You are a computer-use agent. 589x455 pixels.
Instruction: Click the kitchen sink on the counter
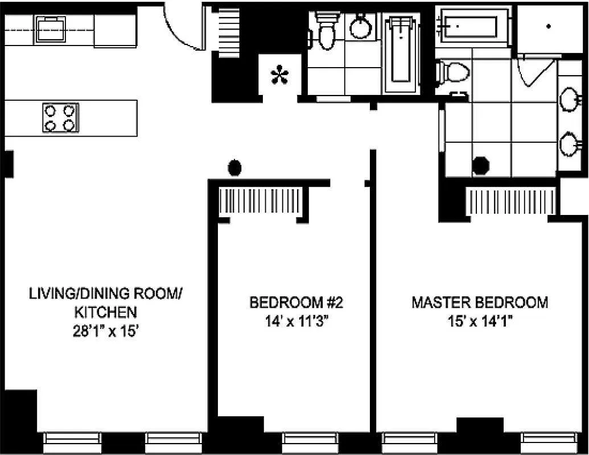click(50, 29)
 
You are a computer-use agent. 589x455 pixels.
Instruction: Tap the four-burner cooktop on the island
click(60, 118)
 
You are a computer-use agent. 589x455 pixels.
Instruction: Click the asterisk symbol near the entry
click(279, 76)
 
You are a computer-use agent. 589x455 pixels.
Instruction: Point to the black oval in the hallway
click(234, 168)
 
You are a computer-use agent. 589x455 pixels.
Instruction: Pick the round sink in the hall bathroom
click(360, 27)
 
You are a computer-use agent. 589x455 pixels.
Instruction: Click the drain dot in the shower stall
click(549, 26)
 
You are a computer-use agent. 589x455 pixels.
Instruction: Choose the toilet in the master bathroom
click(454, 72)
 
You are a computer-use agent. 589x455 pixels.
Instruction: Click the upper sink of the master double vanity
click(569, 100)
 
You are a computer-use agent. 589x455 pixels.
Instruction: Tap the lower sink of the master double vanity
click(569, 144)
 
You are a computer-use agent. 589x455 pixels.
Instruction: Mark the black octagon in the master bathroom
click(481, 166)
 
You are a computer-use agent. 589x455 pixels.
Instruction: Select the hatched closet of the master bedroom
click(510, 201)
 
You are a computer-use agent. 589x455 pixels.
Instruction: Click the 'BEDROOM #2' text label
click(296, 302)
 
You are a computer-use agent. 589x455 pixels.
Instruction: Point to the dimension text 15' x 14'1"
click(479, 321)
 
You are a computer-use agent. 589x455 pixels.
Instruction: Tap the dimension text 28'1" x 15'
click(106, 331)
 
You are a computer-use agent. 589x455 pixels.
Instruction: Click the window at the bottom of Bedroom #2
click(305, 440)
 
